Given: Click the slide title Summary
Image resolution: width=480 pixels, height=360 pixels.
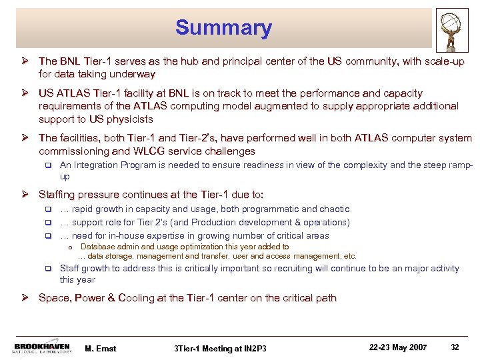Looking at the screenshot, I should tap(223, 28).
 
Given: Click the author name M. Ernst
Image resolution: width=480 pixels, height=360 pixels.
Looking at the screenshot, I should tap(101, 348).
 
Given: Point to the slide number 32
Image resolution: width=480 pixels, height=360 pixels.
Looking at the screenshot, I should tap(455, 347).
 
